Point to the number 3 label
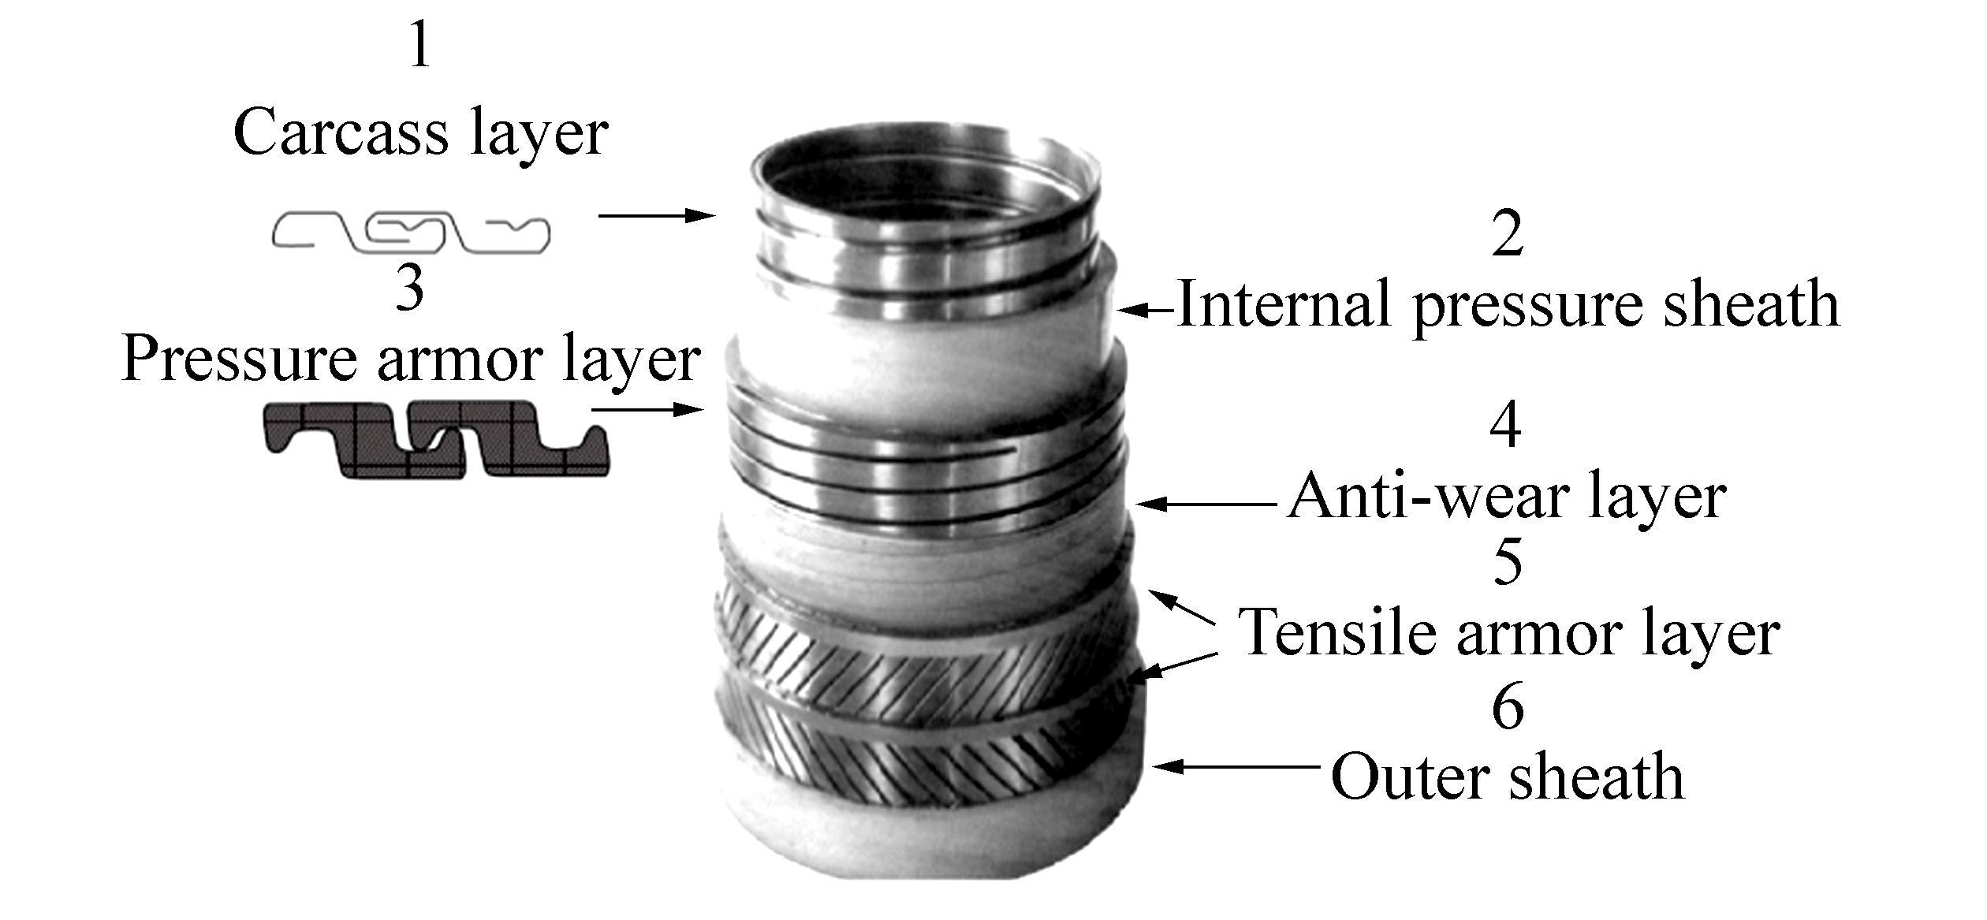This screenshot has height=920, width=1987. [x=410, y=289]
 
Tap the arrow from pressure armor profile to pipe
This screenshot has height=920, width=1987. [x=647, y=409]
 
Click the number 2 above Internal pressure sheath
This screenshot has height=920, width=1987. [x=1508, y=235]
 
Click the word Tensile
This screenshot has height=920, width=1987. [x=1340, y=633]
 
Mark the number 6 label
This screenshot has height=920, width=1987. [x=1508, y=708]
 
